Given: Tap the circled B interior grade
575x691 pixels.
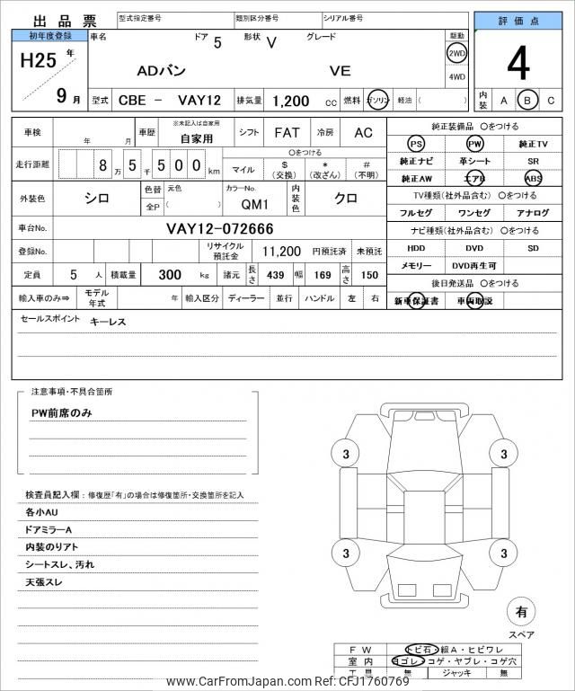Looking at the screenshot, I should point(528,100).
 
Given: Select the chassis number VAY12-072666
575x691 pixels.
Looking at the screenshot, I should point(220,229).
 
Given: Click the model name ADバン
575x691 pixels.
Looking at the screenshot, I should point(164,70).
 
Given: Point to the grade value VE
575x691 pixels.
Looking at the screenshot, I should point(340,70).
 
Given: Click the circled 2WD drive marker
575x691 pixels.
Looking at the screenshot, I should point(456,53).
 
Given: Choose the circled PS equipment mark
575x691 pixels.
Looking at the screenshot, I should point(415,145).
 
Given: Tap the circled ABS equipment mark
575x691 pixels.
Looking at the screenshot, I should point(534,178).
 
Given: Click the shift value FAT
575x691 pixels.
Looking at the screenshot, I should point(287,132).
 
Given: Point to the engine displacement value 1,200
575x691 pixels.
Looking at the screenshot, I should point(289,101).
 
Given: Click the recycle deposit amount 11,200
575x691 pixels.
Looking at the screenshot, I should point(280,252).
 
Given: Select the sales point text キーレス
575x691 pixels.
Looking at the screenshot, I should point(108,321).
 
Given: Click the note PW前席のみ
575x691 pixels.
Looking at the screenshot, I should point(62,412).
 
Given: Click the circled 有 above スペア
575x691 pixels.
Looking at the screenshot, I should point(520,612).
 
